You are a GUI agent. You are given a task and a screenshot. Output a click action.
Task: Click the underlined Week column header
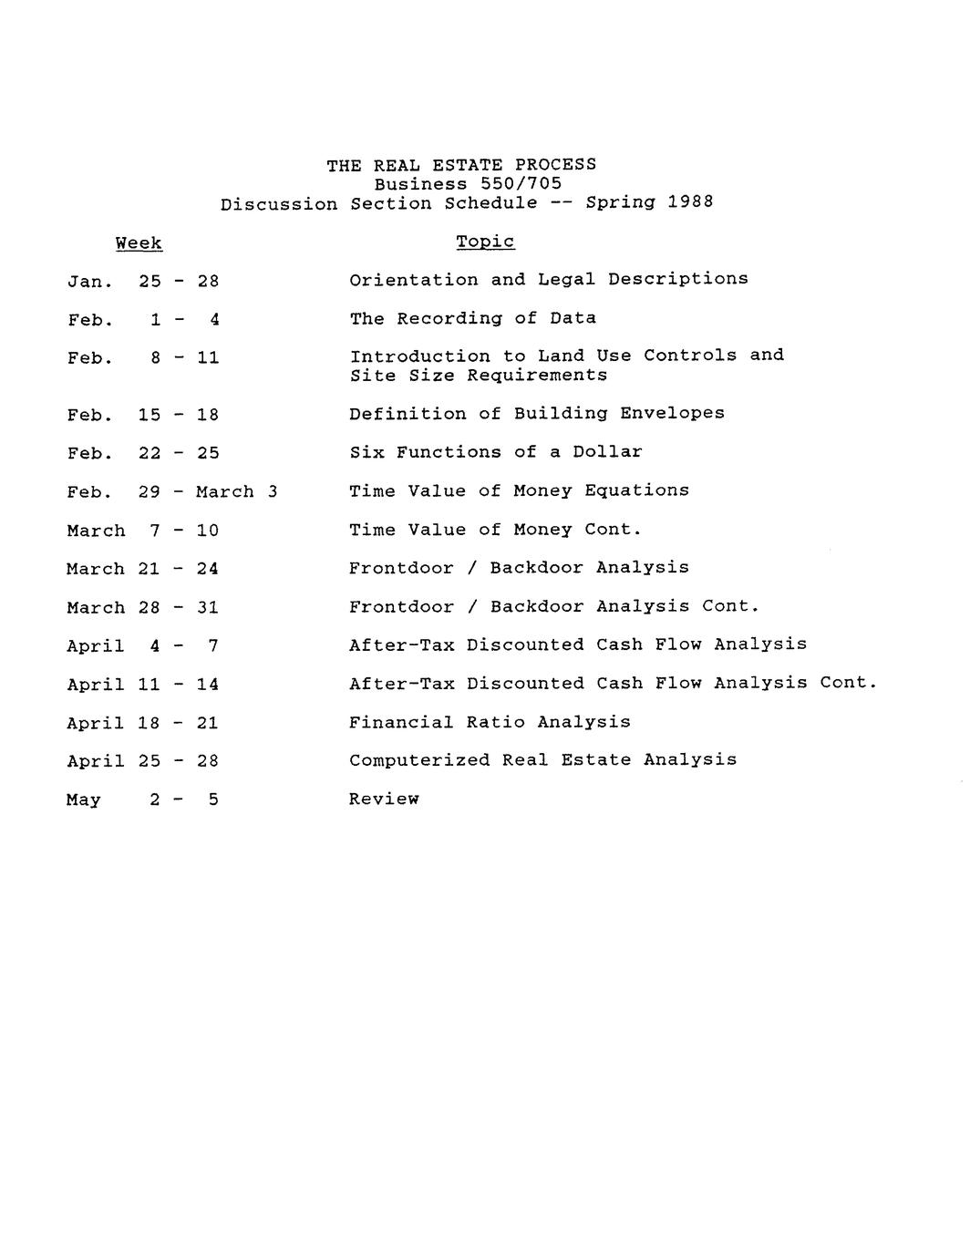coord(139,243)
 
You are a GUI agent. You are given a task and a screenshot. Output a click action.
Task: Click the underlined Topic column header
coord(485,242)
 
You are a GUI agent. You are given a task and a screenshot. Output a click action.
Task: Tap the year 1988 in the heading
coord(690,202)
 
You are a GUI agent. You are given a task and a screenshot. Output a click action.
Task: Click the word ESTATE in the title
coord(467,165)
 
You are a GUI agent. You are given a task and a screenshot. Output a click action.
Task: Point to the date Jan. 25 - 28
coord(143,281)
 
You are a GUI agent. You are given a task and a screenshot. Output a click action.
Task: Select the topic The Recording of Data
coord(472,318)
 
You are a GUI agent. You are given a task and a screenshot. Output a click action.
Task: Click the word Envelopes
coord(672,413)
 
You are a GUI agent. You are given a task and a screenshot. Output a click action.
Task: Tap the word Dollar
coord(607,452)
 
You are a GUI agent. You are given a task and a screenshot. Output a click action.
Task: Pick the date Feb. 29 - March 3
coord(172,492)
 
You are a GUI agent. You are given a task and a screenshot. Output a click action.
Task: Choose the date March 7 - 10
coord(143,531)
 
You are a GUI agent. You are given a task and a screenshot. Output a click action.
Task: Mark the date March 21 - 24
coord(143,569)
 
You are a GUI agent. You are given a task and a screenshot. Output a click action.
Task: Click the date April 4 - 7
coord(143,646)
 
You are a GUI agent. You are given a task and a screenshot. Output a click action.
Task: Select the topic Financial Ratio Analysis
coord(490,722)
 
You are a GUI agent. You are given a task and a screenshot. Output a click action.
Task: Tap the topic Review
coord(384,799)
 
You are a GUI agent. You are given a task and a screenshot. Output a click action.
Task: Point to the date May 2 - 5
coord(143,800)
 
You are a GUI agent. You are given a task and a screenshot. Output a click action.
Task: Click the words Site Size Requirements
coord(478,376)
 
